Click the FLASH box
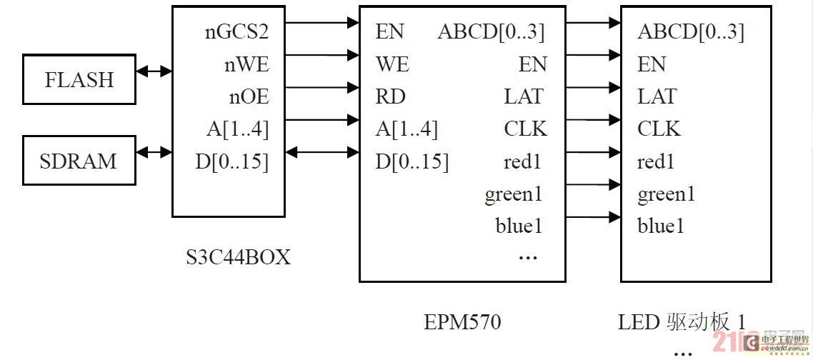[79, 79]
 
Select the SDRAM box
[79, 161]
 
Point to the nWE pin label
[246, 64]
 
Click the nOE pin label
[248, 96]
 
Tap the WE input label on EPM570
[392, 64]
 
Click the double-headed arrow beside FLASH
[154, 71]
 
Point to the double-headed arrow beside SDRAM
[154, 151]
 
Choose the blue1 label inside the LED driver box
[661, 226]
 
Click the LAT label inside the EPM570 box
[524, 96]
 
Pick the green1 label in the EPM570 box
[513, 194]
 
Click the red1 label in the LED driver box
[656, 162]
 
